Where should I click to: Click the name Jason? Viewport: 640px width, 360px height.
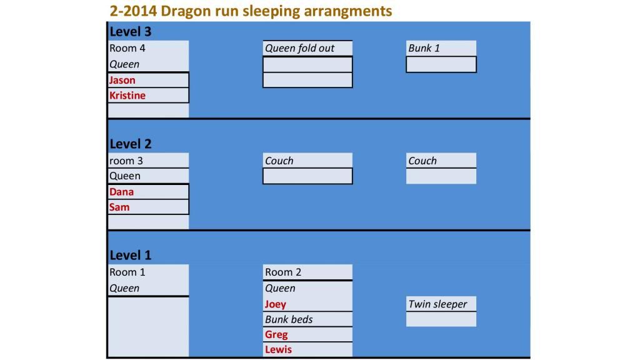(122, 80)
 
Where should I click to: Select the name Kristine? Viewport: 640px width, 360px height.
(127, 96)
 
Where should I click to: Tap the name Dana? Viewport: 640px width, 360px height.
(121, 192)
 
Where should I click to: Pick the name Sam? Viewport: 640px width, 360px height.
(119, 207)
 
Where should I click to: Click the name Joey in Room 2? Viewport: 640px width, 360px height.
(276, 304)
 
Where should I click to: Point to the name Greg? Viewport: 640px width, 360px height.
(276, 335)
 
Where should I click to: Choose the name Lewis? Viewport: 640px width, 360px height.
(278, 350)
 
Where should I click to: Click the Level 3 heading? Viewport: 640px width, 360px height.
(130, 31)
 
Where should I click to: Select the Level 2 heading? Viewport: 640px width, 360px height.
(130, 144)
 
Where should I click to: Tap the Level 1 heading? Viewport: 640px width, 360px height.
(130, 256)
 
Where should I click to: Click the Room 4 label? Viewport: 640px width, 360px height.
(127, 48)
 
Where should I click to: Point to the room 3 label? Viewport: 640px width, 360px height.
(126, 161)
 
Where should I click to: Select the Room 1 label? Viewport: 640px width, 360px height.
(127, 272)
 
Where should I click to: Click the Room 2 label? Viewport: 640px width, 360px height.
(283, 272)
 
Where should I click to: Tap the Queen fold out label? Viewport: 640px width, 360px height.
(299, 48)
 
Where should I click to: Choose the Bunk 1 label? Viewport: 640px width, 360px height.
(424, 48)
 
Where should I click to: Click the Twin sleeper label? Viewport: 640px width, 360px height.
(437, 304)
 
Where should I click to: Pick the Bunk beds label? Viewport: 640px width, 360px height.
(289, 319)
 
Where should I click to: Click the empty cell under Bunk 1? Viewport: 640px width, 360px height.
(441, 64)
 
